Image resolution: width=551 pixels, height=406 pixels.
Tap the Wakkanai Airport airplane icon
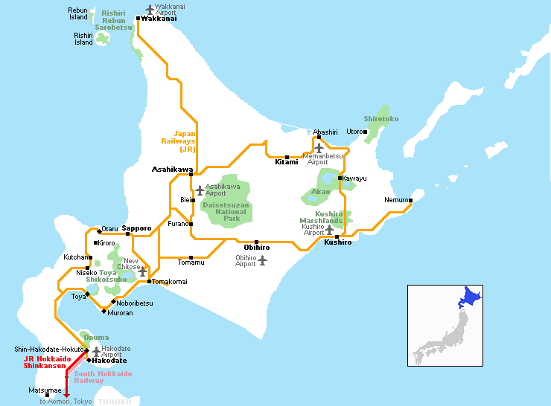point(150,9)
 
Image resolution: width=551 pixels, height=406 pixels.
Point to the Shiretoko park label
point(380,118)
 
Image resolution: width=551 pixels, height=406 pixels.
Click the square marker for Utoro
point(366,132)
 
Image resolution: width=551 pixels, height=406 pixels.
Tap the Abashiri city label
point(325,132)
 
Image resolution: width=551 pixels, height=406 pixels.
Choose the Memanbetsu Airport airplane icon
point(319,148)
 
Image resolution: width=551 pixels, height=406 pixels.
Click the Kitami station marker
point(287,157)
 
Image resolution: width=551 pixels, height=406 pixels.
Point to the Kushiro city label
point(338,242)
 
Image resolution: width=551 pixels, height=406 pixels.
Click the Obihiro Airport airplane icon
point(262,260)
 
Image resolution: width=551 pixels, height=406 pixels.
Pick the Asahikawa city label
point(172,169)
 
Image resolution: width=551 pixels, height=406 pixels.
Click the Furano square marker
point(191,224)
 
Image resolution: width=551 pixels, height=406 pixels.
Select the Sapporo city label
point(136,228)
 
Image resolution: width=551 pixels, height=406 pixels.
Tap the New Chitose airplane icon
point(142,272)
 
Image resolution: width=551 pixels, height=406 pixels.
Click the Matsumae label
point(40,389)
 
